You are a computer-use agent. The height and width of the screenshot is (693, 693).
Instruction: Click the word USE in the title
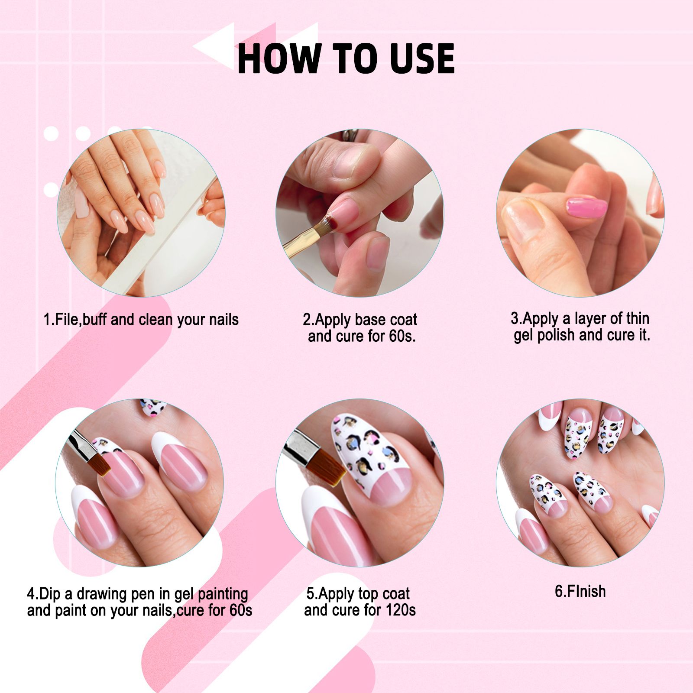coord(422,58)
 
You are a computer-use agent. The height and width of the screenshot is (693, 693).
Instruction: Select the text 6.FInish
coord(580,591)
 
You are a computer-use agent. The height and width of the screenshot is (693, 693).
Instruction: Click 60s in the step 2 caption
coord(402,336)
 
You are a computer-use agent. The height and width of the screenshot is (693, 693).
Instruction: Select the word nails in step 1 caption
coord(223,319)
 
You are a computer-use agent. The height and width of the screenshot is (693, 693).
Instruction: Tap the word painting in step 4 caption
coord(223,594)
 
